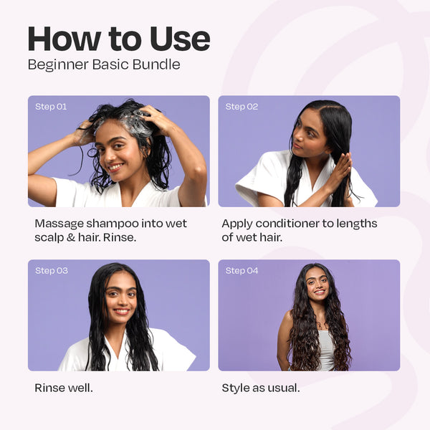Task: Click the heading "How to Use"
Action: click(x=118, y=39)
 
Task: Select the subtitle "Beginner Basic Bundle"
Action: click(x=104, y=64)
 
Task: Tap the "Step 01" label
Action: click(x=51, y=107)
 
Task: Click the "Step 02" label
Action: click(x=242, y=107)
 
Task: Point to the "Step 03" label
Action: click(x=51, y=271)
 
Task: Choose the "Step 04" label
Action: click(x=242, y=271)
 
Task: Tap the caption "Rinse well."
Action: click(x=64, y=388)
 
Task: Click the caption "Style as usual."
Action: click(x=261, y=388)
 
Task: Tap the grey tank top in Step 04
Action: click(x=326, y=351)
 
